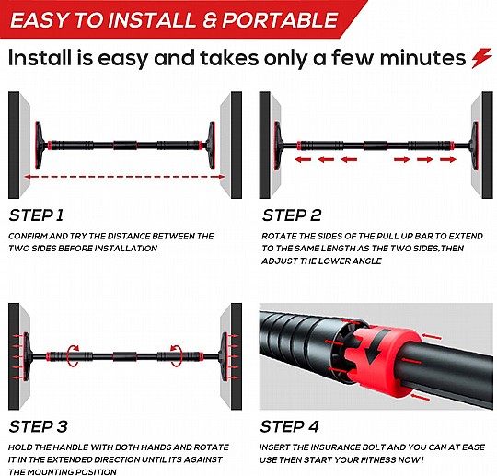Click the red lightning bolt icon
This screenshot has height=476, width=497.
coord(481,58)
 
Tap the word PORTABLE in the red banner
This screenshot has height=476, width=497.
coord(280,20)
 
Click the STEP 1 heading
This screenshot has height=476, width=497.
coord(36,215)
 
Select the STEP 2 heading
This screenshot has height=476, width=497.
coord(291,215)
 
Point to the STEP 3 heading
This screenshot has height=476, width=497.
coord(38,426)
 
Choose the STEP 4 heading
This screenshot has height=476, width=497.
coord(289,426)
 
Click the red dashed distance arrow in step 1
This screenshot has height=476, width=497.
coord(124,177)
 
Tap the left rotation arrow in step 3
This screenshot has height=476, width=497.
coord(74,356)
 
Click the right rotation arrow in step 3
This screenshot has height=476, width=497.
coord(176,356)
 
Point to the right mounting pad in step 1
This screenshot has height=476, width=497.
coord(210,145)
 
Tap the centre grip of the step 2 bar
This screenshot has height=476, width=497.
coord(376,145)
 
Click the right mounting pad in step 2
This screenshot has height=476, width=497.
coord(475,145)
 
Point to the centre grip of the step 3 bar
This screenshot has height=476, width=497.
coord(125,356)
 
